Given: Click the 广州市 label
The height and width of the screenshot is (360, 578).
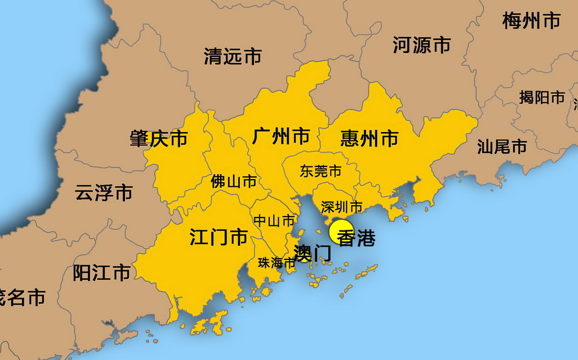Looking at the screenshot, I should point(281,136).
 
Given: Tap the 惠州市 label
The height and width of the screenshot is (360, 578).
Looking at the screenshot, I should point(369,138).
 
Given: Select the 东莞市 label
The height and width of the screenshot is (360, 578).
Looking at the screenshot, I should point(320,171).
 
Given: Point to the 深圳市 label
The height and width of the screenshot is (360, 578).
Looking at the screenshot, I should point(342,208).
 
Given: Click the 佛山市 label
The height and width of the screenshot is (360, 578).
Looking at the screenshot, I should point(234,181).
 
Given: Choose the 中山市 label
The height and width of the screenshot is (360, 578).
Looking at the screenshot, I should point(274,221).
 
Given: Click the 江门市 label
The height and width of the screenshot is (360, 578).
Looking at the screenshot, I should point(219,238).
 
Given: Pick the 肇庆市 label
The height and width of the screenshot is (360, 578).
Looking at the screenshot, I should point(159,139).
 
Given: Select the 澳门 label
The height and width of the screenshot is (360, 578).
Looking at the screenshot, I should point(312,254).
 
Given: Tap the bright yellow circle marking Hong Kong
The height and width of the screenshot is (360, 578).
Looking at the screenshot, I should point(340,231).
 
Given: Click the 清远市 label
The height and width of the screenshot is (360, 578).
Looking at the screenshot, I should point(233,56).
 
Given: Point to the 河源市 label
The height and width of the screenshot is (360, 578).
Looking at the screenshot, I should point(422,45).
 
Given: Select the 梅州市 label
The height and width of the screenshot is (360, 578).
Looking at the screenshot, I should point(531,21).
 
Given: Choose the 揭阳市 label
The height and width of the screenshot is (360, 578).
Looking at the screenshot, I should point(542,97).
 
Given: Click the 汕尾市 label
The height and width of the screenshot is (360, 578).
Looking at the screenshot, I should point(502,147).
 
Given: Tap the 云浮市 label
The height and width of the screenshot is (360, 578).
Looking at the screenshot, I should point(103,193).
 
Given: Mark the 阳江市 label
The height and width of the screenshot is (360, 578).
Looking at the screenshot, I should point(102,273).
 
